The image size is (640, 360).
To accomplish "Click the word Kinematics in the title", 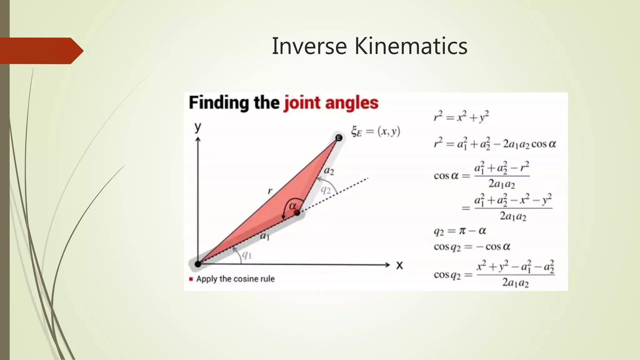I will (x=411, y=46).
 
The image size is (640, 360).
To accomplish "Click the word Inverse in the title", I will (x=309, y=46).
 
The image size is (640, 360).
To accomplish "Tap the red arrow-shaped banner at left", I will (x=41, y=51).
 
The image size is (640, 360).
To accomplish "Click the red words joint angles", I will (x=331, y=103).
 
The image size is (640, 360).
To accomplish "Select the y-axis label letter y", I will (x=198, y=127).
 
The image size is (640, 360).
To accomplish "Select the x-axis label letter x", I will (x=399, y=265).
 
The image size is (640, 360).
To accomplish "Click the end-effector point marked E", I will (x=339, y=138).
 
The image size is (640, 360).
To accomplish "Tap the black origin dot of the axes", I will (x=198, y=264).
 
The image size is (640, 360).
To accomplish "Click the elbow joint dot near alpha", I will (x=297, y=213).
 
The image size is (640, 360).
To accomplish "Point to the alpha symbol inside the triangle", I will (x=292, y=206).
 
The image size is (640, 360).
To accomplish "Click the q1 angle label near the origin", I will (x=247, y=255).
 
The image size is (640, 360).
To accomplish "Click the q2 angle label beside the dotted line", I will (x=326, y=189).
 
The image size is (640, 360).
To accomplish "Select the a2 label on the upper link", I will (x=329, y=171).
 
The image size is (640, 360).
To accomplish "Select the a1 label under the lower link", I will (x=265, y=236).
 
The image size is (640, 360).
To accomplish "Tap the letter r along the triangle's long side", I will (x=270, y=190).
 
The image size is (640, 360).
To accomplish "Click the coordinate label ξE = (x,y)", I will (x=375, y=131).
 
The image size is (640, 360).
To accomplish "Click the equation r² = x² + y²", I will (x=461, y=117).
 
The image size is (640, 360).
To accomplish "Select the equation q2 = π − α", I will (x=460, y=231).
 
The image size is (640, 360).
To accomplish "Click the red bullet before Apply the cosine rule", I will (x=191, y=279).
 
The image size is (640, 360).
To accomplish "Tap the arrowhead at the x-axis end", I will (x=388, y=265).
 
